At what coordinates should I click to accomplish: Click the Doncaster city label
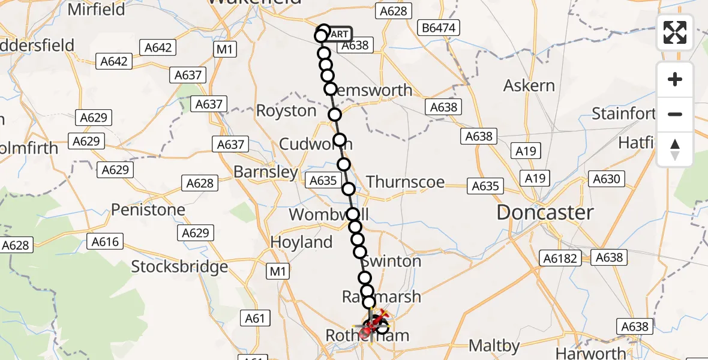545,212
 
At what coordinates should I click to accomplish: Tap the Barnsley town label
265,172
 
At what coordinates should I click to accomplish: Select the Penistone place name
148,210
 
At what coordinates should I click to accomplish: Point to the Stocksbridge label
179,266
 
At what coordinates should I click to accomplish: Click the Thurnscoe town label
406,182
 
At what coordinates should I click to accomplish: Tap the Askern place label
529,86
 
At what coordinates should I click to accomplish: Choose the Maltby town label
494,346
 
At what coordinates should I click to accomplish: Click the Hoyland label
301,242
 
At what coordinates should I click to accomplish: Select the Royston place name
286,111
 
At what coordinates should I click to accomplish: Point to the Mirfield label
97,10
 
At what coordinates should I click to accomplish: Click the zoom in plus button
675,79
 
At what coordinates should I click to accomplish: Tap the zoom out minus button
675,114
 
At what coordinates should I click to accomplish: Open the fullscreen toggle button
675,32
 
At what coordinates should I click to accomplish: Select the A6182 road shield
561,258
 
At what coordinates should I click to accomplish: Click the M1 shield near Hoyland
278,271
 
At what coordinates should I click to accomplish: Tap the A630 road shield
608,178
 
